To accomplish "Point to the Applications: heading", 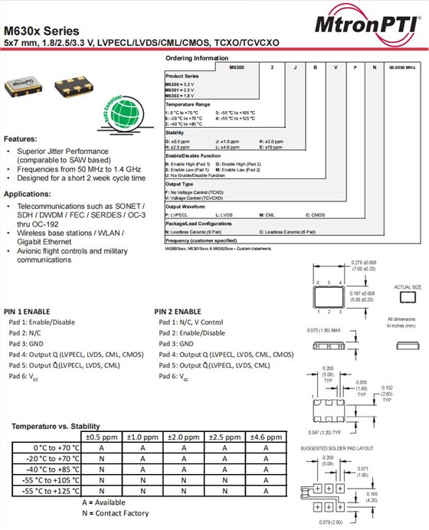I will [x=30, y=194].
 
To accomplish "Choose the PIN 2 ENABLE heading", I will [x=178, y=312].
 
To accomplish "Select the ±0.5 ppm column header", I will [x=101, y=437].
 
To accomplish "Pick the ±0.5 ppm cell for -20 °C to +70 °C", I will [x=101, y=458].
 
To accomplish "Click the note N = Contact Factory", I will [x=115, y=512].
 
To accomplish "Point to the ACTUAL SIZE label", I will [x=408, y=286].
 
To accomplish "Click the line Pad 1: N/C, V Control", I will [x=191, y=322].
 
